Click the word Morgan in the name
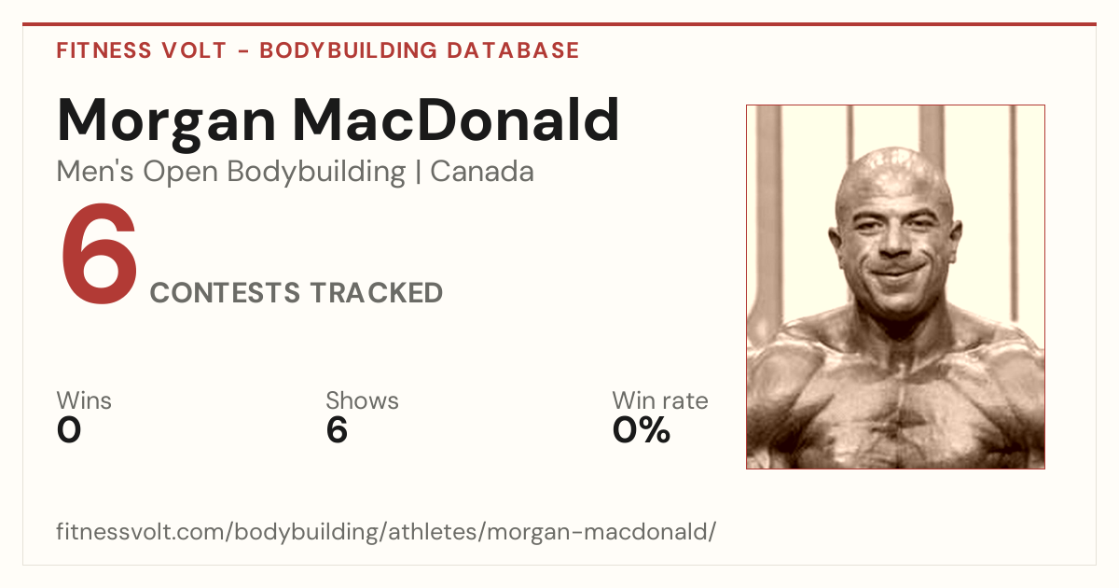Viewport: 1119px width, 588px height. [166, 123]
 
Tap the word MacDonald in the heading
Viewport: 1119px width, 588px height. [456, 120]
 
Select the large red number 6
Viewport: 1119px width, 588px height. [100, 254]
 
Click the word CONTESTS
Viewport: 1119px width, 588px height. [225, 292]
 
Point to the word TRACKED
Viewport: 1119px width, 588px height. [376, 292]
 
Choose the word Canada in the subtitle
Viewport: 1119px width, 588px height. [482, 172]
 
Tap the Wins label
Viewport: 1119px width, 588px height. [84, 400]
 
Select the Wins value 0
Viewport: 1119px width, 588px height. [69, 430]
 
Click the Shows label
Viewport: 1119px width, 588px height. [362, 400]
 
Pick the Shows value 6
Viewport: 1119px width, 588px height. [337, 430]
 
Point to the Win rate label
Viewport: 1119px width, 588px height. [660, 400]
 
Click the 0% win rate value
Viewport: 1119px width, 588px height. [642, 430]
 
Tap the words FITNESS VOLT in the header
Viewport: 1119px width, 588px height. [142, 50]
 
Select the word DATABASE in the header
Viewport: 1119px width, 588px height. [513, 50]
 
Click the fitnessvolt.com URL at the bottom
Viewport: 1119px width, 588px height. [386, 531]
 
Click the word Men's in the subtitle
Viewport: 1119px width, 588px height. [95, 172]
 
